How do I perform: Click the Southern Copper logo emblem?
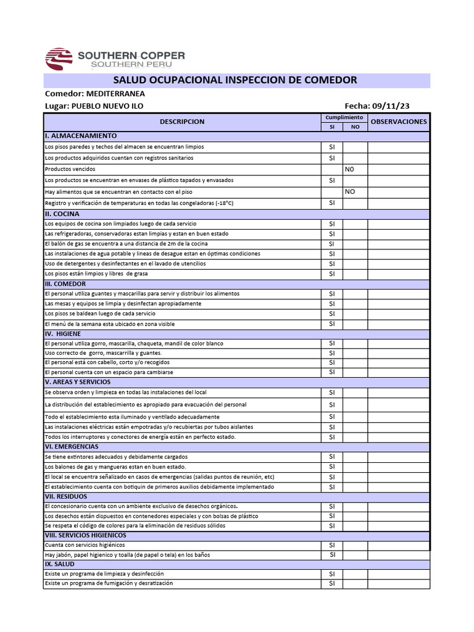(x=59, y=59)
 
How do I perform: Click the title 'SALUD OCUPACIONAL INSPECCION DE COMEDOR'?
(x=236, y=80)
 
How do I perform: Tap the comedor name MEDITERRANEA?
(x=115, y=94)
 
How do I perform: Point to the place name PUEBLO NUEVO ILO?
(x=107, y=106)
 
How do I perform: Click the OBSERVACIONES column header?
(x=399, y=122)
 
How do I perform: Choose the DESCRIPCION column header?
(x=182, y=122)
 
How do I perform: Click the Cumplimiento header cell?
(x=344, y=117)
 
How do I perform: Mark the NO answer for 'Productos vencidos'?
(x=350, y=169)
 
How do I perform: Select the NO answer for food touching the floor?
(x=350, y=192)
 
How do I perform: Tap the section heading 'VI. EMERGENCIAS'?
(x=72, y=446)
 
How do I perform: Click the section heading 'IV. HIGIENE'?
(x=63, y=333)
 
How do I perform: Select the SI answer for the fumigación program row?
(x=331, y=583)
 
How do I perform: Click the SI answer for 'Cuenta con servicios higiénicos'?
(x=331, y=545)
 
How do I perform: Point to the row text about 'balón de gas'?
(x=126, y=244)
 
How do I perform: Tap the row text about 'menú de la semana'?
(x=109, y=324)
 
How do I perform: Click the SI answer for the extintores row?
(x=331, y=457)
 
